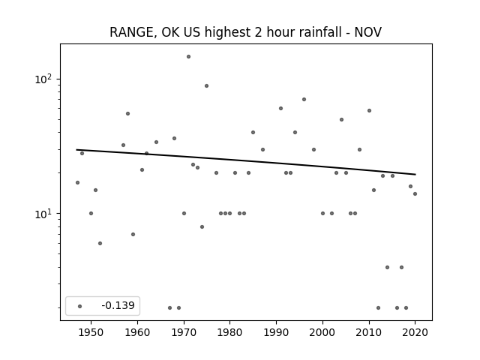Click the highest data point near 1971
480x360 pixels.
tap(188, 57)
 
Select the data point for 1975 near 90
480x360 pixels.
tap(207, 86)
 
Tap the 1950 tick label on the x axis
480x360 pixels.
tap(91, 332)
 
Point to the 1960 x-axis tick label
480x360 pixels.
tap(137, 332)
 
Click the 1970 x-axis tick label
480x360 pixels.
tap(184, 332)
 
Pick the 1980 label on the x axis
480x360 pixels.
tap(230, 332)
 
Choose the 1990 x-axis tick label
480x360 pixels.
tap(277, 332)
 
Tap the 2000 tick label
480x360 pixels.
tap(322, 332)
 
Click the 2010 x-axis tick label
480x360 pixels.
tap(369, 332)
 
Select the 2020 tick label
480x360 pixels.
tap(415, 332)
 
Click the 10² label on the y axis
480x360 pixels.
tap(43, 79)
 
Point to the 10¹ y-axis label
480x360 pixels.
tap(43, 214)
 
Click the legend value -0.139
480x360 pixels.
tap(118, 305)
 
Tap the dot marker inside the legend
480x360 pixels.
tap(80, 306)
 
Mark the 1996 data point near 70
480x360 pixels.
tap(304, 100)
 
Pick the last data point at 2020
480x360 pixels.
tap(415, 193)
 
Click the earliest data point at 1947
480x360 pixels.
tap(77, 183)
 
